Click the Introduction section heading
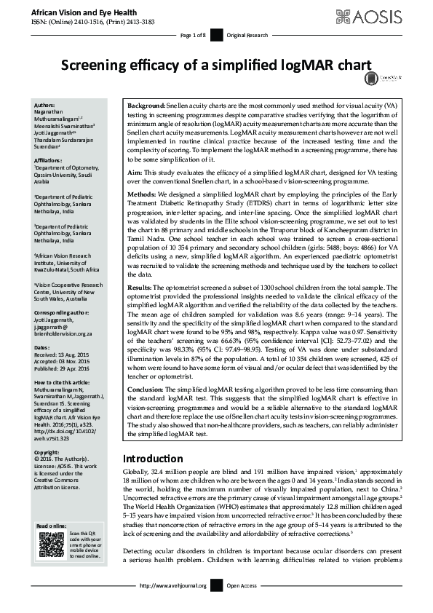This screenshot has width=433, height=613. coord(153,459)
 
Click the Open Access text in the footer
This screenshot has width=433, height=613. coord(242,585)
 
